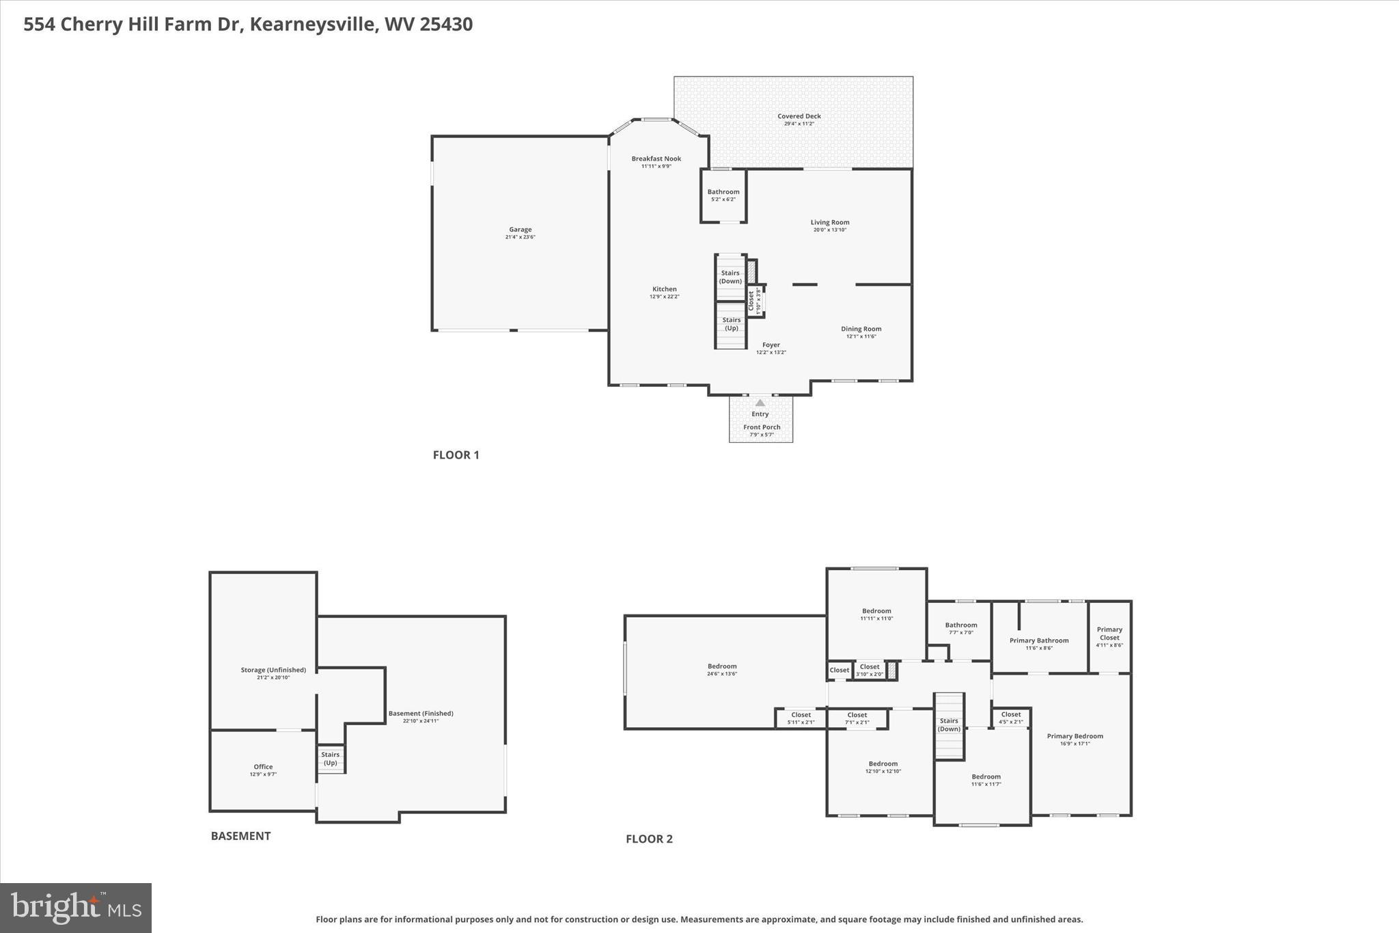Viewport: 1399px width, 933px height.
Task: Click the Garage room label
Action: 520,230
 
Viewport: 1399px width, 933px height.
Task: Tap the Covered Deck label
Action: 799,116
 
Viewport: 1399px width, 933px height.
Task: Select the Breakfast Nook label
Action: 656,159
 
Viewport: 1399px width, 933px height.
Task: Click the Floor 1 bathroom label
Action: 723,192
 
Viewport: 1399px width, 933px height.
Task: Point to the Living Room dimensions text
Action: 830,230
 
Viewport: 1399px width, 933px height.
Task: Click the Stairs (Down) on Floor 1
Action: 730,277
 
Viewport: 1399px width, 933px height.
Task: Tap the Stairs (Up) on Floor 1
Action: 731,324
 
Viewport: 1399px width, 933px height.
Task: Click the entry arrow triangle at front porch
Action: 760,403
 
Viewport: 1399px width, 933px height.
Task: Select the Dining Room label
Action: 861,329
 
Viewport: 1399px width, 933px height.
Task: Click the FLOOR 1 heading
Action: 456,455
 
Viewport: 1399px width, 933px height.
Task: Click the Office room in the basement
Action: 263,767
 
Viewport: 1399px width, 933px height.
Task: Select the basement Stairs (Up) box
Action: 331,759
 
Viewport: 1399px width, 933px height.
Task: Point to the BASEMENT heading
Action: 240,836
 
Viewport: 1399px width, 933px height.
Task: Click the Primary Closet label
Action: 1109,634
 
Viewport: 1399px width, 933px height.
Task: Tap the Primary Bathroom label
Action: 1038,640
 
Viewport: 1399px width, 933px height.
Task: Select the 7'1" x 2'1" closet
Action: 857,718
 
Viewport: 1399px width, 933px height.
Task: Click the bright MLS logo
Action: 76,908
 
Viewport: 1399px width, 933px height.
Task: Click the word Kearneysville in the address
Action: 313,25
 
